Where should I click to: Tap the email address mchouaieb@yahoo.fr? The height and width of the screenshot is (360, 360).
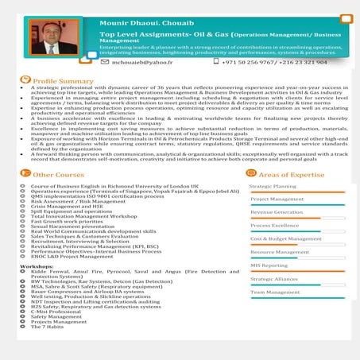143,60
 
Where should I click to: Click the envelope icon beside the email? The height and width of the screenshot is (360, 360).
106,60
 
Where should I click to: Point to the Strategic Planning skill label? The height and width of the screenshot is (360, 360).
273,186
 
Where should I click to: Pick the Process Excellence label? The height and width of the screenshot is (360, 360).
274,226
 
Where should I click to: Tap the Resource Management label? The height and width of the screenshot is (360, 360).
278,252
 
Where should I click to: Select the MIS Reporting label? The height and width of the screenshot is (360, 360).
269,265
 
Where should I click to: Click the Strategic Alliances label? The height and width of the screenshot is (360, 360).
274,279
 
